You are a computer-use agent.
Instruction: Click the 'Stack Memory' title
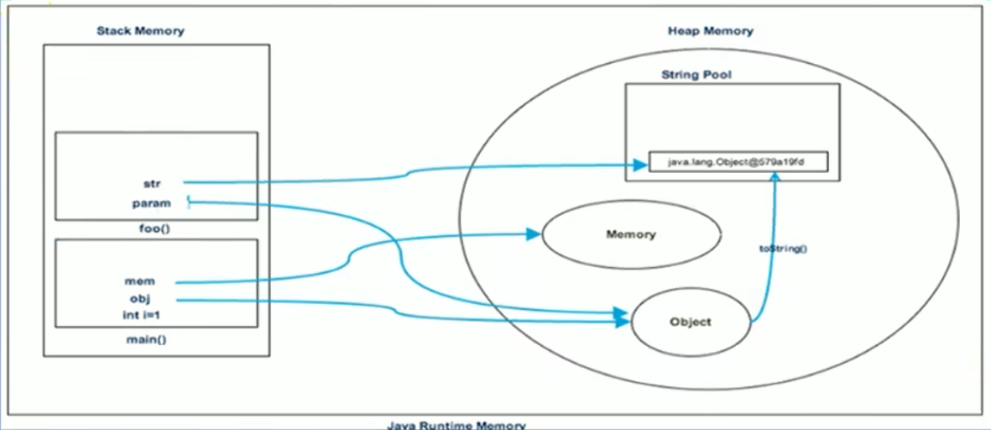coord(140,31)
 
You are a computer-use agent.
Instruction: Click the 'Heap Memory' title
coord(710,31)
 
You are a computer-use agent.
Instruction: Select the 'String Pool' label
coord(696,75)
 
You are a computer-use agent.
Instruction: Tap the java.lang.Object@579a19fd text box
coord(738,160)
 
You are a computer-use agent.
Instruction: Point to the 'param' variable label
coord(151,202)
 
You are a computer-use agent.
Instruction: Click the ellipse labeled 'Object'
coord(690,322)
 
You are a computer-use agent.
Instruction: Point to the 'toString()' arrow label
coord(788,249)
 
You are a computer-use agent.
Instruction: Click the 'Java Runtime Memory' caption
coord(456,425)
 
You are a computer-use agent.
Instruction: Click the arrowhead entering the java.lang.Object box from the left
coord(641,165)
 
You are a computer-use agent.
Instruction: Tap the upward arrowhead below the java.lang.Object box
coord(777,179)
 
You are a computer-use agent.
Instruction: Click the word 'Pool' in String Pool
coord(717,75)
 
